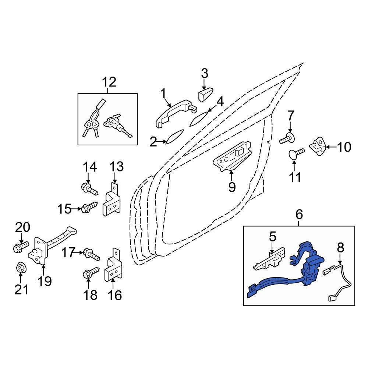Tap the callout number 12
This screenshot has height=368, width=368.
coord(109,82)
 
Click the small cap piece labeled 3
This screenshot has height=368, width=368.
coord(206,94)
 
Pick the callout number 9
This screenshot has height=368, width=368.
coord(231,187)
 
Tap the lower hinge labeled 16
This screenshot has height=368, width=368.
coord(113,265)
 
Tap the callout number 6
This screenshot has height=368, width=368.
coord(299,214)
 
